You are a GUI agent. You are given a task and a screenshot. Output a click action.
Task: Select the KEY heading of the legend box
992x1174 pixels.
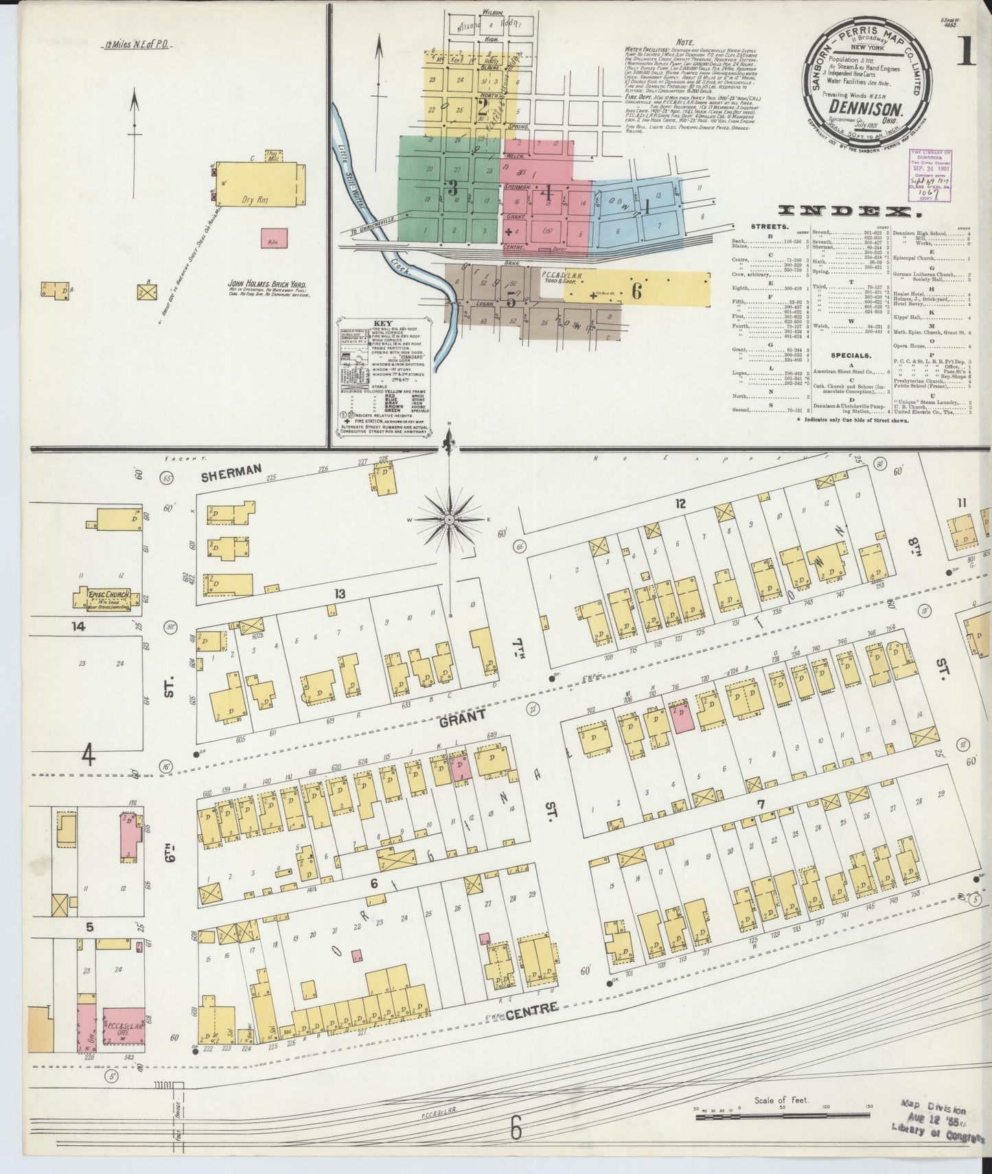coord(382,323)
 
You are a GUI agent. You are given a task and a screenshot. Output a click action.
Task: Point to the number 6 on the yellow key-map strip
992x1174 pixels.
coord(636,291)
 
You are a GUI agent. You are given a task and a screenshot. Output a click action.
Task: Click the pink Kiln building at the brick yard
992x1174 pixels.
coord(274,238)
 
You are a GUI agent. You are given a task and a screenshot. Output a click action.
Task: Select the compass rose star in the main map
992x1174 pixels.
coord(448,520)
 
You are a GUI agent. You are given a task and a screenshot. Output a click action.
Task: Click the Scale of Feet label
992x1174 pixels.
coord(781,1099)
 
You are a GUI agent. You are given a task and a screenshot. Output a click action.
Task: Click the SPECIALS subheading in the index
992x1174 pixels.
coord(851,356)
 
